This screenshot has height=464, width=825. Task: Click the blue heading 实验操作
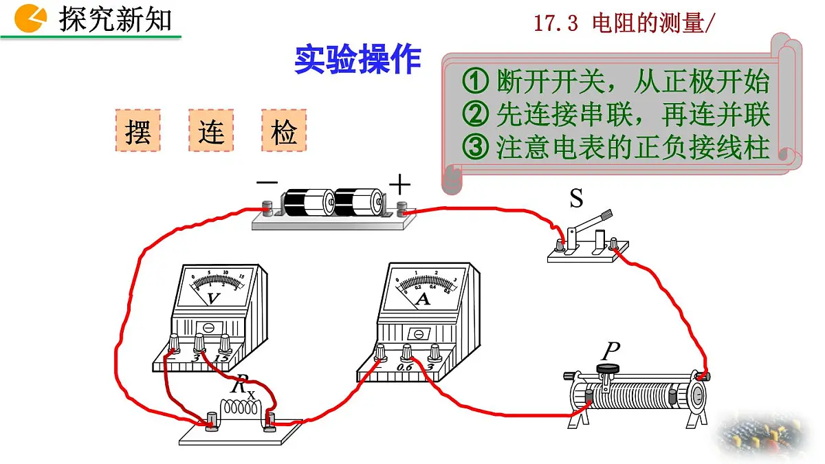[x=357, y=60]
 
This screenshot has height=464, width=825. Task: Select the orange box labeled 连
[x=211, y=131]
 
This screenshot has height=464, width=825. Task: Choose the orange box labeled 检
[x=284, y=131]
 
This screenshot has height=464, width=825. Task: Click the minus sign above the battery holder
[x=267, y=183]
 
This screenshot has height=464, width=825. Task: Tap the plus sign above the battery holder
[x=399, y=184]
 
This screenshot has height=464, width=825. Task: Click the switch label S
[x=576, y=199]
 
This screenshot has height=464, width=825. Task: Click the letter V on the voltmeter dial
[x=213, y=298]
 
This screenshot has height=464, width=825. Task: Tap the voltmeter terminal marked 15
[x=224, y=343]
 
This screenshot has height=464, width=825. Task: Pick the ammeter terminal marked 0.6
[x=407, y=353]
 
